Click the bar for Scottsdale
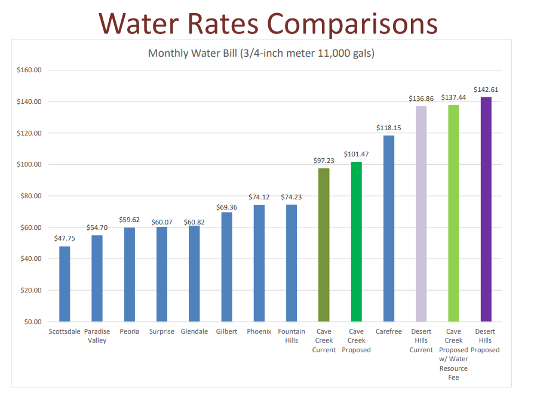click(65, 284)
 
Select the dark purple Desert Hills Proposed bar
click(486, 209)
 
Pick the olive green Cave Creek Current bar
click(324, 245)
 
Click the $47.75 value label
click(65, 238)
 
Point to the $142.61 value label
click(486, 90)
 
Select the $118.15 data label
click(388, 128)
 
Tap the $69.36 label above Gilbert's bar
click(226, 207)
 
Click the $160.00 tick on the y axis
click(29, 70)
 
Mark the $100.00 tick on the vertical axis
click(29, 164)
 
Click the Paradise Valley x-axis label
click(97, 335)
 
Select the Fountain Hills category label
click(291, 335)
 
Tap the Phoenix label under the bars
click(259, 331)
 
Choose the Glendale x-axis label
click(194, 331)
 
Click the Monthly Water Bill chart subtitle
click(261, 54)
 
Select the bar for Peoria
click(130, 275)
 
